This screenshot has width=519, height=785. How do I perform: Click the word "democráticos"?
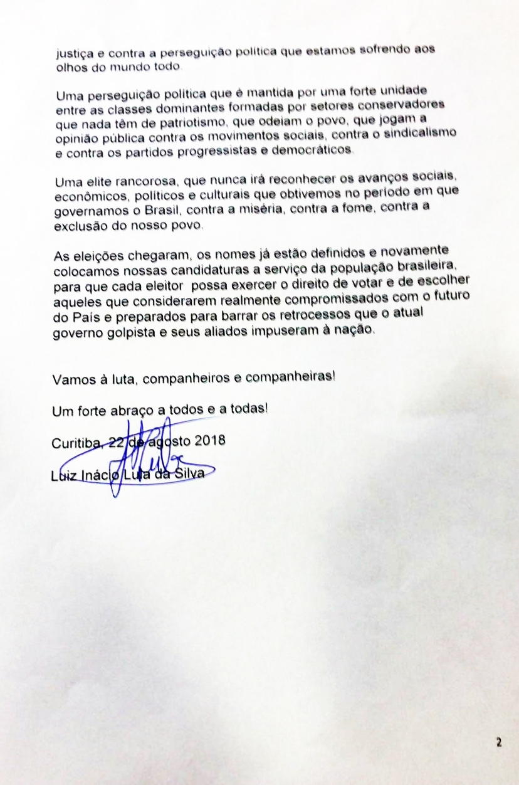(315, 152)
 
